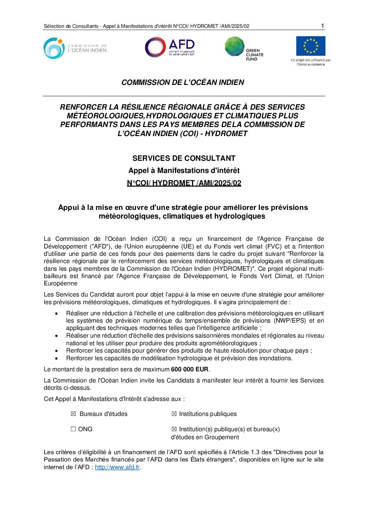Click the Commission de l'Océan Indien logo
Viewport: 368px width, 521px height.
click(75, 48)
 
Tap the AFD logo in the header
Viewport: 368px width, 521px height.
click(170, 48)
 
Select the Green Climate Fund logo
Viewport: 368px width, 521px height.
click(244, 49)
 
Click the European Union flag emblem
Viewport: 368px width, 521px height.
click(311, 46)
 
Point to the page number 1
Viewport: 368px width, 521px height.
click(322, 26)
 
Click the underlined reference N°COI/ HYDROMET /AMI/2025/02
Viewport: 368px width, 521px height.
click(184, 183)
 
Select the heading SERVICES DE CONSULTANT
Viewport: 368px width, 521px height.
click(184, 158)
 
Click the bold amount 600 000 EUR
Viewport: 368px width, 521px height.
click(190, 369)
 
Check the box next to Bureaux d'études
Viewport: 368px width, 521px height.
click(73, 414)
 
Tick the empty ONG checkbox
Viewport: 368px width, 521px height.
click(73, 429)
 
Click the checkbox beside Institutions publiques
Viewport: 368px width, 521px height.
click(174, 414)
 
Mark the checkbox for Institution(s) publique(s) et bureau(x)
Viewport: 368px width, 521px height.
click(174, 429)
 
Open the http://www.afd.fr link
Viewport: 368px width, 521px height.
click(117, 467)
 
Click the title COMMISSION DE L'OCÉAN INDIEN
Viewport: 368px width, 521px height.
click(183, 82)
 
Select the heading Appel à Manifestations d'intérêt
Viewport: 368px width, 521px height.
click(184, 171)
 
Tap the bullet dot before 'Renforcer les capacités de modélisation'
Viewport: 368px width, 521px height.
click(56, 358)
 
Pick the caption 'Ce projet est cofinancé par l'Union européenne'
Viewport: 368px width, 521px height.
click(311, 62)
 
